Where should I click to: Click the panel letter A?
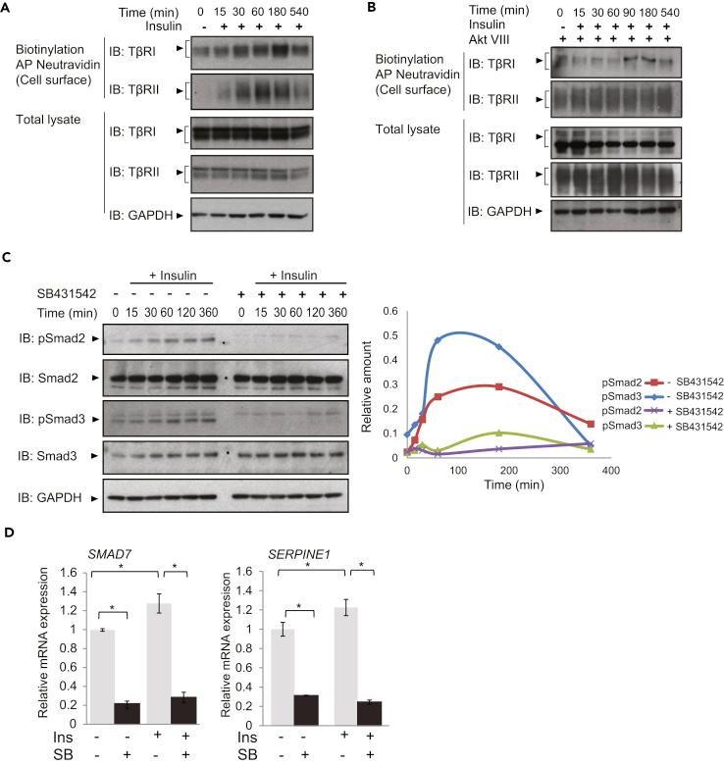(9, 10)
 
